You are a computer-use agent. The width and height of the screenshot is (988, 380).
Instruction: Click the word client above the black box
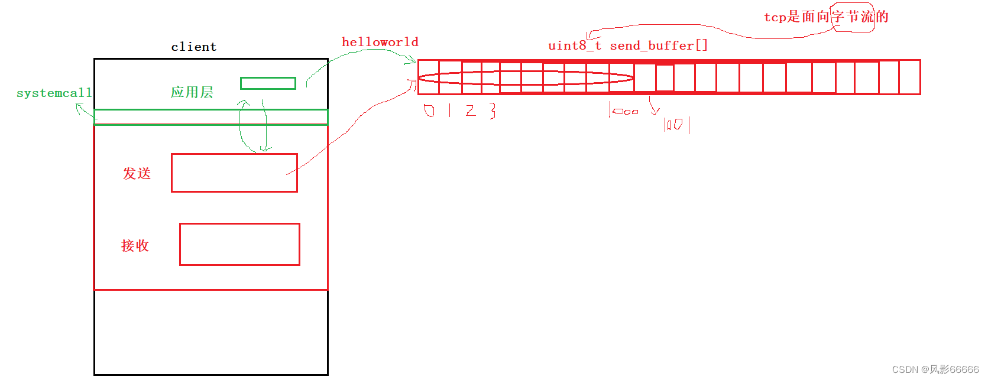coord(194,47)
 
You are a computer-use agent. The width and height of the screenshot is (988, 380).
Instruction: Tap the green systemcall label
coord(54,93)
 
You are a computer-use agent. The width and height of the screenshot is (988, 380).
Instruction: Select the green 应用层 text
coord(192,92)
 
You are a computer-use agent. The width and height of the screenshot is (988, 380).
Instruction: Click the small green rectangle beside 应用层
coord(268,83)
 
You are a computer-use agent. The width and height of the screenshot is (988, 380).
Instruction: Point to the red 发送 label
coord(137,173)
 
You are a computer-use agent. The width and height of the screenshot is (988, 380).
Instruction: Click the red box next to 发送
coord(234,173)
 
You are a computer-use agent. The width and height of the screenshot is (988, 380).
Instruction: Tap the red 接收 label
coord(135,245)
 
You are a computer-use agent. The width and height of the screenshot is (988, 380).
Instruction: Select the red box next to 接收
coord(239,244)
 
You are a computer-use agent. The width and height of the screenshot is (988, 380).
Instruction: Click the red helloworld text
coord(380,42)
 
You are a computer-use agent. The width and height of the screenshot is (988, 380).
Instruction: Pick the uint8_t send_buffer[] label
coord(627,46)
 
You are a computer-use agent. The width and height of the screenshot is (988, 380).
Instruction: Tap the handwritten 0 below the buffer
coord(429,111)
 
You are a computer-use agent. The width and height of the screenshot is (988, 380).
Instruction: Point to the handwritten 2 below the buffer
coord(471,111)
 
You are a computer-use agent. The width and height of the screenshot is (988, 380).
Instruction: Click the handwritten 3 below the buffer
coord(493,111)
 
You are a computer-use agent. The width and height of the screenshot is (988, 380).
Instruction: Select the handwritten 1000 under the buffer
coord(624,111)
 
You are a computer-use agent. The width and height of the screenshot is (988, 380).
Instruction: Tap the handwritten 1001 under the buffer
coord(676,125)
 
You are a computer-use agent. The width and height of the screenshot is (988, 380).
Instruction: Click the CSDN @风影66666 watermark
coord(935,369)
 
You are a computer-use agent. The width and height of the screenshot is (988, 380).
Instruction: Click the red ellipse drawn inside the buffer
coord(526,78)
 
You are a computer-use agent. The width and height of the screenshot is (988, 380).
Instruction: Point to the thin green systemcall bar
coord(210,117)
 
